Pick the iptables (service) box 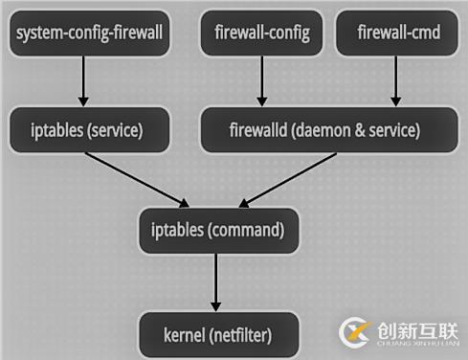(89, 129)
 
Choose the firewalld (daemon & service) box (324, 129)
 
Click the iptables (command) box (218, 230)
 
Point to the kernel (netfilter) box (217, 335)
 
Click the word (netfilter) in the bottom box (240, 335)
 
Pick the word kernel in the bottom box (182, 335)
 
